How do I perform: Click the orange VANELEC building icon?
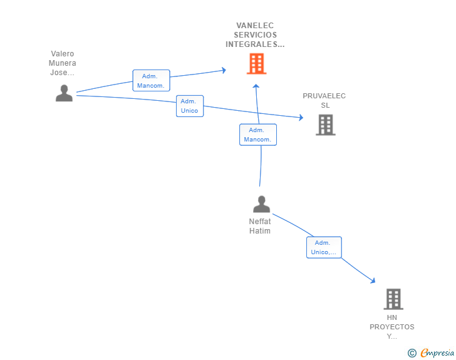256,64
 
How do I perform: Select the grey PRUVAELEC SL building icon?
325,125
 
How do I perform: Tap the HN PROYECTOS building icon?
393,299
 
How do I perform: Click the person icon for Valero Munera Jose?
64,93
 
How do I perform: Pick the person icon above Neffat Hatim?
261,204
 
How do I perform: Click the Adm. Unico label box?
189,106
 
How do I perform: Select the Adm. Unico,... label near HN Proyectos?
323,248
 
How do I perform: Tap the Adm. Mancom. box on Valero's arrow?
151,81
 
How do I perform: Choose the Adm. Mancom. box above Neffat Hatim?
257,135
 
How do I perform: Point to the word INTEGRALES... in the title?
255,44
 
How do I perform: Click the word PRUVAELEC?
324,96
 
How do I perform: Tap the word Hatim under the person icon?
260,231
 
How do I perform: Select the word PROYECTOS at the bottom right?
391,327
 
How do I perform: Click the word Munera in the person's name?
62,63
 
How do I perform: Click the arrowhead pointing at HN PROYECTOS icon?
373,281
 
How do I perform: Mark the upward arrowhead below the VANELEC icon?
256,86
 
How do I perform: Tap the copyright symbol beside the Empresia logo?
412,353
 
